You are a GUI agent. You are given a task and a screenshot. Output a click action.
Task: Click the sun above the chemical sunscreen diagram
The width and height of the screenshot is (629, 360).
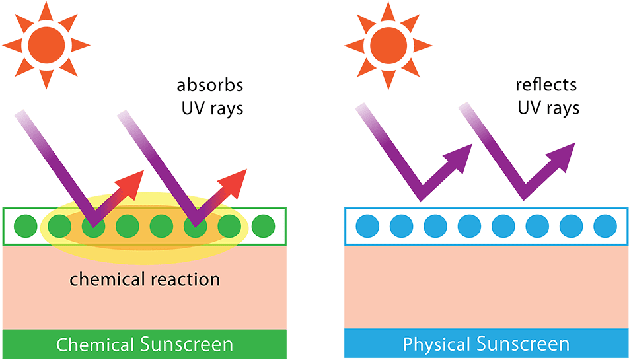46,45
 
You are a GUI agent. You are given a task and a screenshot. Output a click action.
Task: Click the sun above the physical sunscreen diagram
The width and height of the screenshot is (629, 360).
388,45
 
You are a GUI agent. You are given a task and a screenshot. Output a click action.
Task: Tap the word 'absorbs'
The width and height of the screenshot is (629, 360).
210,86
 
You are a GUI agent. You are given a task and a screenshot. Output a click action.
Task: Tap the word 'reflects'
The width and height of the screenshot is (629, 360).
546,85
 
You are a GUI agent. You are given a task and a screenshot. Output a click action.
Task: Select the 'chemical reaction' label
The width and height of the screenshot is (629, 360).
145,279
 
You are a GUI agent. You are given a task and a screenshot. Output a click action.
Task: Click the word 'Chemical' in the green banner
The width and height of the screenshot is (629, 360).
96,344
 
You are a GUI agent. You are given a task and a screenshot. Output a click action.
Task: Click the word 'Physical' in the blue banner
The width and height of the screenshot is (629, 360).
433,344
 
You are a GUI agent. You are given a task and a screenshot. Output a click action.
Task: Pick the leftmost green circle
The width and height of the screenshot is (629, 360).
24,226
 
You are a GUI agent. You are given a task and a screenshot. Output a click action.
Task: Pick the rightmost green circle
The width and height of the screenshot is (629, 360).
263,226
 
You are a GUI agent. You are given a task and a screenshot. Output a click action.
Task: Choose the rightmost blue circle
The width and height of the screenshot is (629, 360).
605,226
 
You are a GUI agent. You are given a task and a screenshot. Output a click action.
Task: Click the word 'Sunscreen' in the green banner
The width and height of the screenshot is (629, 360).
186,344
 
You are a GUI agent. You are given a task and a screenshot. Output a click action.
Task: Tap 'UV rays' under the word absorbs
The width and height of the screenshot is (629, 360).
212,108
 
